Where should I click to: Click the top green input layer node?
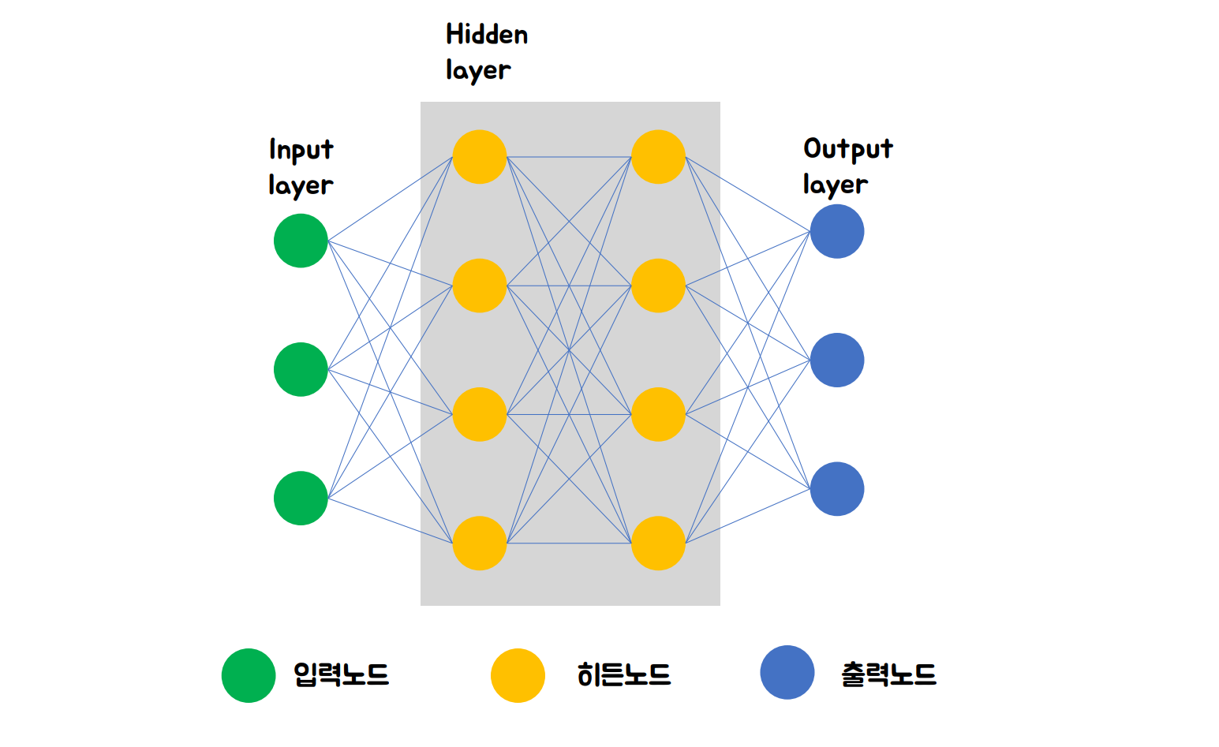pos(301,241)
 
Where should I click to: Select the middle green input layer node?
pos(301,369)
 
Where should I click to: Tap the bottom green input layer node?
pos(301,498)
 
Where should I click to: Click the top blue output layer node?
pos(837,231)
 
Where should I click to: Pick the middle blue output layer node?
pos(837,360)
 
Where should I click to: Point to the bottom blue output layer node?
pos(837,489)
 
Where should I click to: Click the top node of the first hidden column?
pos(480,157)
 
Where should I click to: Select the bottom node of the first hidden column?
pos(480,543)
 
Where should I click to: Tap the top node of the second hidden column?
pos(658,157)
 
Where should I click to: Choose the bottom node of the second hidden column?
pos(658,543)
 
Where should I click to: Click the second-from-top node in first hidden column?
pos(480,286)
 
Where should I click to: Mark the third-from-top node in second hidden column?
pos(658,414)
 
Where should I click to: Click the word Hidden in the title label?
pos(487,35)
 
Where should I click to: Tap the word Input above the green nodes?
pos(301,150)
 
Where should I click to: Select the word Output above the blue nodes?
pos(848,149)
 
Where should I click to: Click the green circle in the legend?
pos(249,675)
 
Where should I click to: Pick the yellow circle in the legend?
pos(518,675)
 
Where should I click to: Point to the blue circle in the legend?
pos(787,672)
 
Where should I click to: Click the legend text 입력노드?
pos(342,674)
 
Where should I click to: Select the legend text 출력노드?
pos(888,674)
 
